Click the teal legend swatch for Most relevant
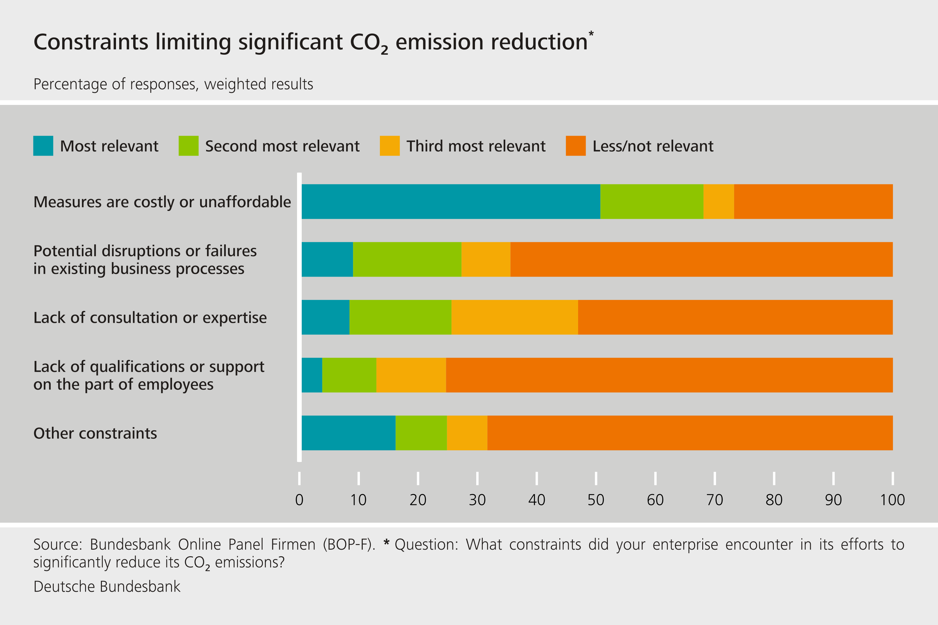tap(43, 146)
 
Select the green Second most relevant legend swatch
tap(188, 146)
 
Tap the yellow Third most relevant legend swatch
tap(390, 146)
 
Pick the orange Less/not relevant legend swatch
tap(576, 146)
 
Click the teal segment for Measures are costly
tap(451, 201)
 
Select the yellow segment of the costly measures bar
tap(718, 201)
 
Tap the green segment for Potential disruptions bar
tap(407, 259)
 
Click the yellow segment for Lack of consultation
tap(514, 317)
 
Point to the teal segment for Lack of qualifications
tap(312, 375)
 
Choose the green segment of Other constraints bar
tap(421, 433)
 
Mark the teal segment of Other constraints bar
tap(348, 433)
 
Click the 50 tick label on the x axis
tap(596, 500)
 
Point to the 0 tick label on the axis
tap(299, 500)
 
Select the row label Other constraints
tap(95, 433)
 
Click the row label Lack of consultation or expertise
tap(150, 318)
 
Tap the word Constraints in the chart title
tap(91, 42)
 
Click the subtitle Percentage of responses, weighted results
tap(173, 84)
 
